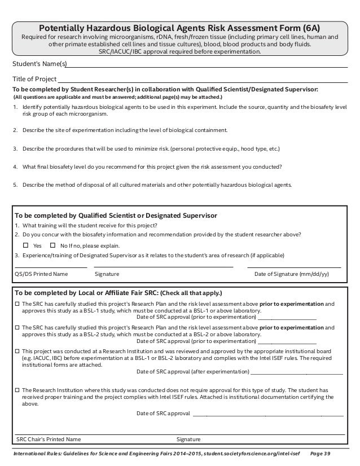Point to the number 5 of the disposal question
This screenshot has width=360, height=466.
point(15,184)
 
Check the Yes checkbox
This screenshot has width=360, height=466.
point(25,246)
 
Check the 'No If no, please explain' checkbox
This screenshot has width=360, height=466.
point(53,246)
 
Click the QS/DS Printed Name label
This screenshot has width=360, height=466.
point(41,274)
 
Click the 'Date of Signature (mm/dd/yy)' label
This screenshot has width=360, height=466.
point(292,274)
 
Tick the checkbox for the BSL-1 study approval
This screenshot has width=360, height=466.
point(17,304)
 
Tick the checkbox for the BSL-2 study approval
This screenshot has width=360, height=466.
point(17,327)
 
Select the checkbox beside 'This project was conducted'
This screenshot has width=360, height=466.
point(17,350)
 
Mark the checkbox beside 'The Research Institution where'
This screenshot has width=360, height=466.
point(17,390)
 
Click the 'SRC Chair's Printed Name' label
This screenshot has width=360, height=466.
point(49,439)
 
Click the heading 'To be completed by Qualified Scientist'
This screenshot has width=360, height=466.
point(116,216)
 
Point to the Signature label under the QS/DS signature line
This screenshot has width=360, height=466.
point(107,274)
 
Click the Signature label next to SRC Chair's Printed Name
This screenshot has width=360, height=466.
point(188,439)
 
